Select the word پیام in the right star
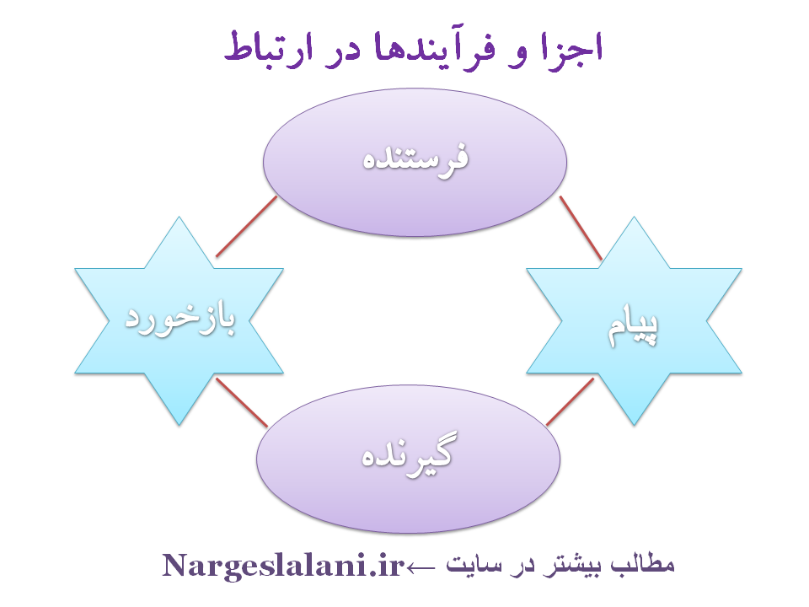pyautogui.click(x=632, y=325)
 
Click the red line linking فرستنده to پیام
pyautogui.click(x=581, y=228)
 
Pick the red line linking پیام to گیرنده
pyautogui.click(x=571, y=402)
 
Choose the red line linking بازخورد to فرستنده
pyautogui.click(x=247, y=226)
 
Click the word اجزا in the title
pyautogui.click(x=572, y=49)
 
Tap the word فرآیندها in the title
pyautogui.click(x=435, y=49)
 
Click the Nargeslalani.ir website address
pyautogui.click(x=283, y=565)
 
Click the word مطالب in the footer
pyautogui.click(x=642, y=564)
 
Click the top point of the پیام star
pyautogui.click(x=634, y=217)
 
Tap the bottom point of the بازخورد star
pyautogui.click(x=179, y=425)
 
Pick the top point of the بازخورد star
pyautogui.click(x=179, y=217)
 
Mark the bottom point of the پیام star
pyautogui.click(x=634, y=425)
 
